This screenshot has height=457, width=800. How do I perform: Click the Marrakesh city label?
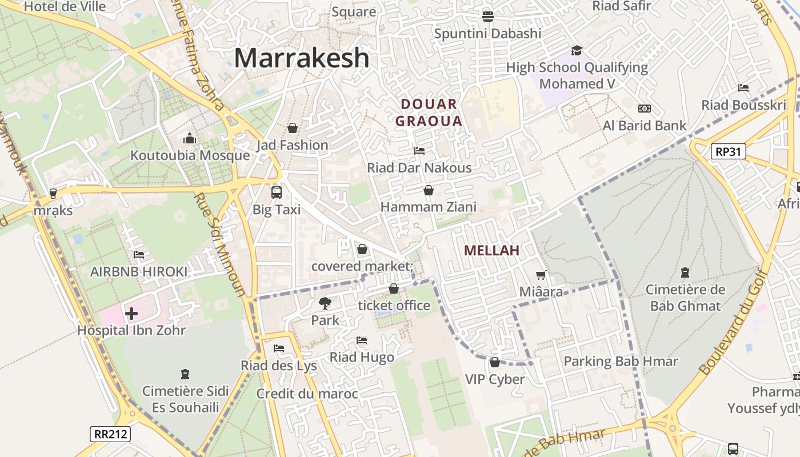tap(302, 58)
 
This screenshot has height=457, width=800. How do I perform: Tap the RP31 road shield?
tap(729, 151)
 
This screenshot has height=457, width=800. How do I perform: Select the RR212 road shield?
tap(110, 434)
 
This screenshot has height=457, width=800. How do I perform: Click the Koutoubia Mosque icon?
tap(190, 138)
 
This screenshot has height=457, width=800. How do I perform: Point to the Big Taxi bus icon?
tap(277, 192)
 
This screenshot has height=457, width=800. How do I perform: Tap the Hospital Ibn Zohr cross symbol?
tap(131, 314)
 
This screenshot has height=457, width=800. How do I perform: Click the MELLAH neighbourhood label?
tap(491, 250)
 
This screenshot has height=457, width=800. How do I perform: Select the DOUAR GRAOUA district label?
tap(429, 113)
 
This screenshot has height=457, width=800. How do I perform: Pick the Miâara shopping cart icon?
tap(541, 275)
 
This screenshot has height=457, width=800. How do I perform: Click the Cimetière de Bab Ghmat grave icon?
tap(685, 272)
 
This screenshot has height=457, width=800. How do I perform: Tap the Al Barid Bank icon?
tap(645, 109)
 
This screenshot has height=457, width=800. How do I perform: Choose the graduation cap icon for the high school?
tap(577, 50)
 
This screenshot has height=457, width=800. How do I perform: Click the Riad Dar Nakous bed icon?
tap(419, 151)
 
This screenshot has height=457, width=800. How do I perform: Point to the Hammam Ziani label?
tap(428, 207)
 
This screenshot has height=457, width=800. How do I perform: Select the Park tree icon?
tap(325, 303)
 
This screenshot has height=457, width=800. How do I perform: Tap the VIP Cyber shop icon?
tap(495, 362)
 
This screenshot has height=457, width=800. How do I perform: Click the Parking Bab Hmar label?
tap(621, 361)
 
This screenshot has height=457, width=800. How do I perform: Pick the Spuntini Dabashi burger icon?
tap(487, 16)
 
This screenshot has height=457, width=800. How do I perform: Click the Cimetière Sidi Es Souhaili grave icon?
tap(185, 374)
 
